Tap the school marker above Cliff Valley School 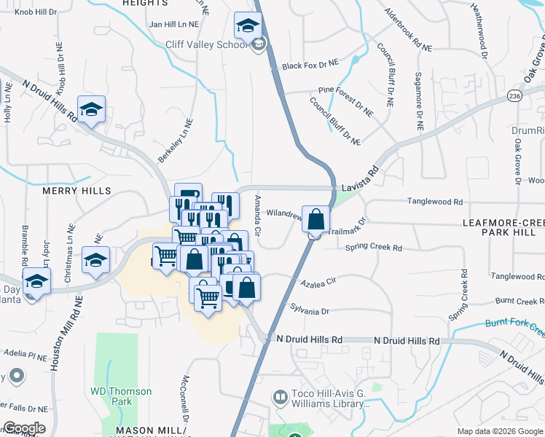pos(248,26)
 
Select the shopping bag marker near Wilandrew pos(315,219)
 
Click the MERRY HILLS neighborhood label pos(77,191)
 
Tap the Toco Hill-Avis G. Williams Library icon pos(279,397)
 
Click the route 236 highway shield pos(515,95)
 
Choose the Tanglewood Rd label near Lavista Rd pos(435,202)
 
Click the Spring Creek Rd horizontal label pos(374,248)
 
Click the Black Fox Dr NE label pos(311,66)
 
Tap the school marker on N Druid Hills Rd pos(92,109)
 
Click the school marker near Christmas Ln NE pos(95,260)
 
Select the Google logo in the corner pos(24,428)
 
